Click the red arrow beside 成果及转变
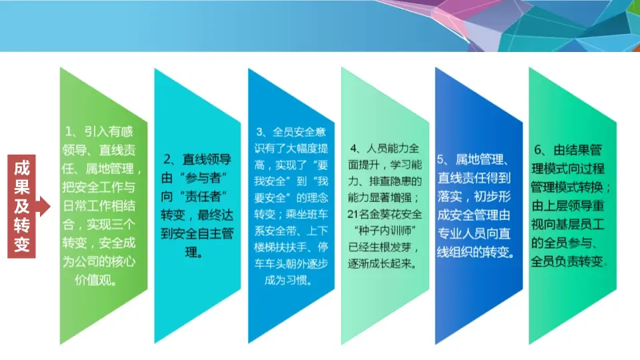[44, 206]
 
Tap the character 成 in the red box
[22, 169]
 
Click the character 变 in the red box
[22, 244]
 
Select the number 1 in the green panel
[67, 131]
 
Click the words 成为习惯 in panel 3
[287, 281]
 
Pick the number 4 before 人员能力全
[353, 147]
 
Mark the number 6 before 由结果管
[539, 147]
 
